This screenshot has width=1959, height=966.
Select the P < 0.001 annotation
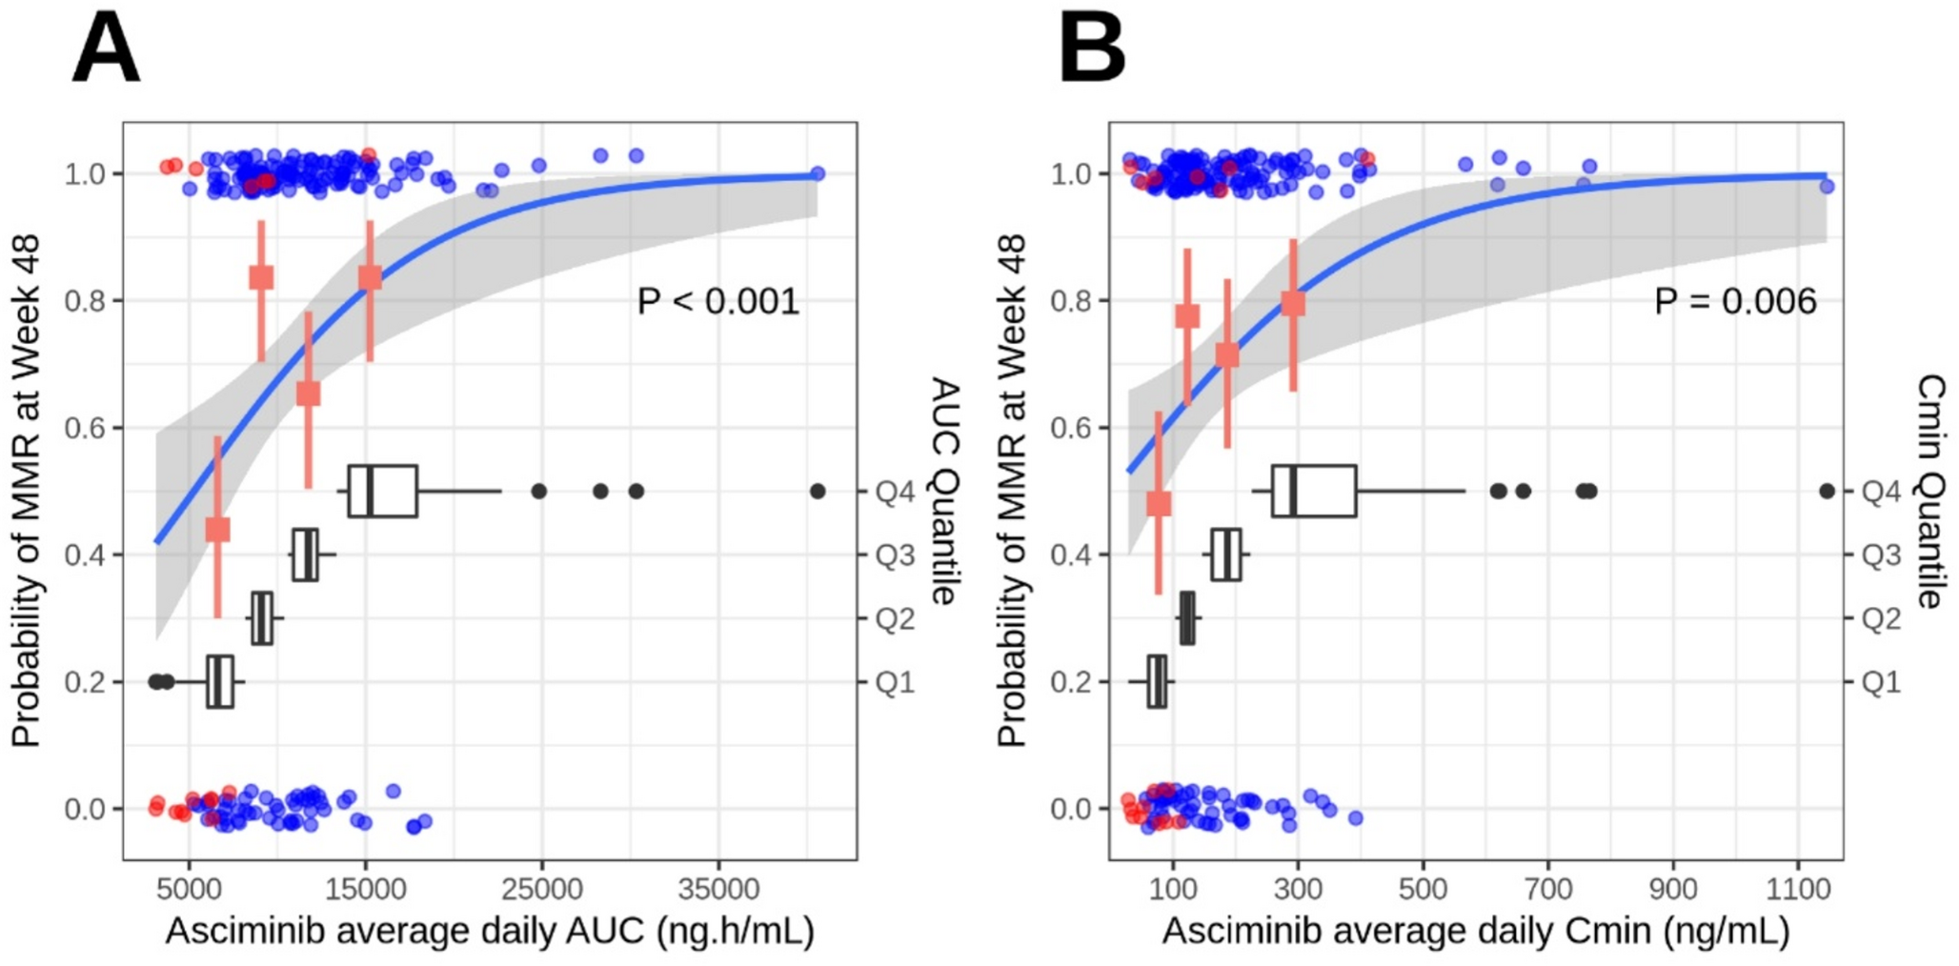tap(717, 301)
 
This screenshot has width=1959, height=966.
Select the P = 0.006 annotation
tap(1735, 301)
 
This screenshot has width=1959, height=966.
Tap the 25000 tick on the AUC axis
tap(541, 890)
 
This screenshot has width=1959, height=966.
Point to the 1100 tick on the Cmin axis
tap(1798, 890)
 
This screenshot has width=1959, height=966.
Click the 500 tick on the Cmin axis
tap(1423, 890)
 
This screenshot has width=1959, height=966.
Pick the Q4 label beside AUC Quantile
tap(895, 492)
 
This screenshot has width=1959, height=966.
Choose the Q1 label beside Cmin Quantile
tap(1881, 682)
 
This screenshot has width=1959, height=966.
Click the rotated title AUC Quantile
tap(943, 491)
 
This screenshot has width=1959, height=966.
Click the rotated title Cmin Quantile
tap(1929, 491)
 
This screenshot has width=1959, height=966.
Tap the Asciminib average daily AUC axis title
tap(490, 931)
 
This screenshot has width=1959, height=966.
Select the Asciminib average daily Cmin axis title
tap(1475, 931)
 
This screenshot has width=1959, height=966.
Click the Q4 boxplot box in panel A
tap(383, 492)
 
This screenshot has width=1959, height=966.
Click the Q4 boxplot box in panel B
tap(1314, 492)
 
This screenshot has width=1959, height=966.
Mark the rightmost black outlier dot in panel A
tap(818, 492)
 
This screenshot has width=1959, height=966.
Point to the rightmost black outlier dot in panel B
tap(1827, 492)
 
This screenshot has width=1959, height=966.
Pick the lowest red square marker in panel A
tap(217, 529)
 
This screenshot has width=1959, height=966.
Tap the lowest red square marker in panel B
tap(1159, 503)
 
